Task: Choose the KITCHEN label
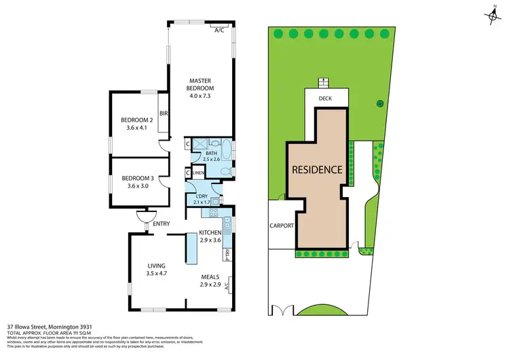(x=210, y=232)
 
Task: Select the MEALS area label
(x=210, y=277)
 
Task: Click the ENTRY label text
(x=162, y=224)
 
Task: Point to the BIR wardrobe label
(x=163, y=113)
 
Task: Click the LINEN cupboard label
(x=198, y=173)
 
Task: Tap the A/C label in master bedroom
(x=219, y=31)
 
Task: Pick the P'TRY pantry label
(x=226, y=254)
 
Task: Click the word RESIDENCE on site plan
(x=317, y=170)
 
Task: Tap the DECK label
(x=324, y=98)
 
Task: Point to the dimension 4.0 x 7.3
(x=200, y=96)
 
